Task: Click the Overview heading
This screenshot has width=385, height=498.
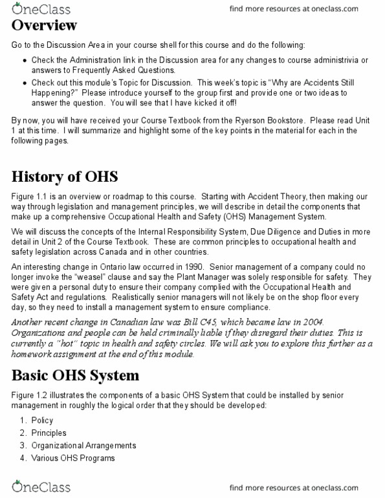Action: pyautogui.click(x=53, y=26)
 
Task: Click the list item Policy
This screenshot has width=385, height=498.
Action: pyautogui.click(x=42, y=420)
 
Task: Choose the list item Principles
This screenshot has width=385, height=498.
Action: pyautogui.click(x=49, y=433)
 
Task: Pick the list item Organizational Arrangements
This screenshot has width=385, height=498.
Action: pyautogui.click(x=83, y=446)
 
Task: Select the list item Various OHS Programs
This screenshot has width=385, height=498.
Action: pyautogui.click(x=73, y=459)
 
